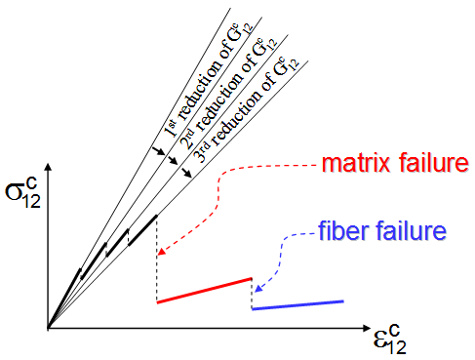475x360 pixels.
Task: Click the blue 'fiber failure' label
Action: pos(382,232)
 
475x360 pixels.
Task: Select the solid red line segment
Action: pos(204,291)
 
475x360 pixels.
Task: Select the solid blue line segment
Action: pos(297,305)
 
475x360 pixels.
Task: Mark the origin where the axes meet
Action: pos(47,326)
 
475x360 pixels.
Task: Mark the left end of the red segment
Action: pos(158,302)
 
